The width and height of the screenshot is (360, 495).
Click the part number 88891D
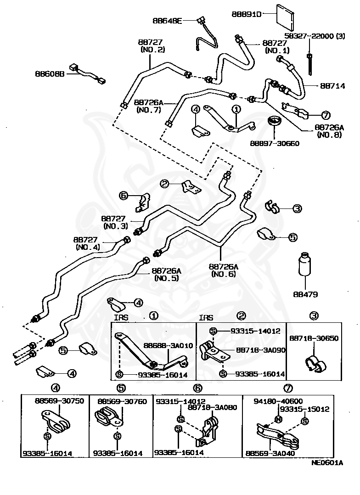(x=247, y=14)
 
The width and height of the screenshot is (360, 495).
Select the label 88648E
(x=167, y=21)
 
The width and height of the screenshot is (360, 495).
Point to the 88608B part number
(x=50, y=73)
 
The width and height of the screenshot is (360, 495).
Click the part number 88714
(x=332, y=85)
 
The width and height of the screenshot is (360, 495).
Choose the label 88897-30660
(x=275, y=143)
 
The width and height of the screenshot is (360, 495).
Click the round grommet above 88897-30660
(x=275, y=122)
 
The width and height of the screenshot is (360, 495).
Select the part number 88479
(x=305, y=294)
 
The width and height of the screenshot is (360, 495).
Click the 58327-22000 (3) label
(x=315, y=36)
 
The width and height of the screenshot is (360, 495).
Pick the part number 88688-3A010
(x=168, y=346)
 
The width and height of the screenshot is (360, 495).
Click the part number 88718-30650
(x=314, y=338)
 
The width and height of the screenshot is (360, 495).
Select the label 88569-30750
(x=60, y=401)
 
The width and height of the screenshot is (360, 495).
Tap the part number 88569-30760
(x=122, y=401)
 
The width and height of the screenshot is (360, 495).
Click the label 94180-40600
(x=278, y=401)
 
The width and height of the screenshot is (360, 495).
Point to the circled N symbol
(x=279, y=419)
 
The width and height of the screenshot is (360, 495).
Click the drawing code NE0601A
(x=327, y=463)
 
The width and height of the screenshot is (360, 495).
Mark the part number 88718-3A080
(x=212, y=407)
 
